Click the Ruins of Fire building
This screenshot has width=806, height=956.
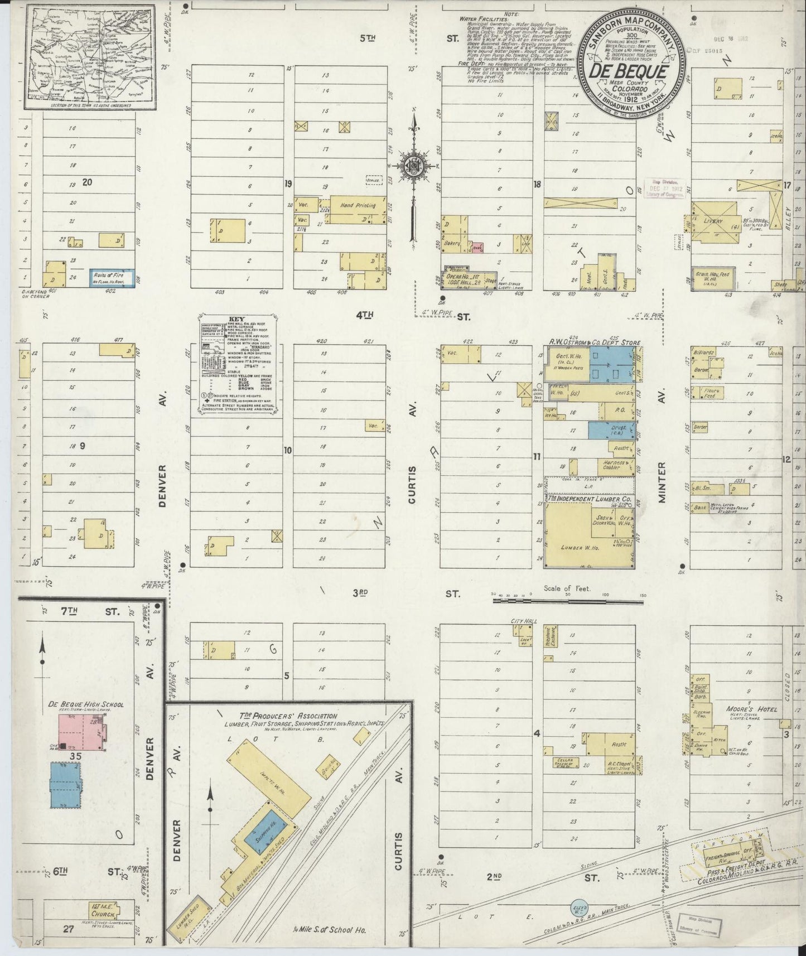(x=112, y=278)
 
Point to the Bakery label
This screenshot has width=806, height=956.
(x=452, y=244)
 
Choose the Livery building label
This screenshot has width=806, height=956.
(x=713, y=221)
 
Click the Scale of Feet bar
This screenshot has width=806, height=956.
(x=568, y=601)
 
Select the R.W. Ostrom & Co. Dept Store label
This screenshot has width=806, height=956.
(x=594, y=343)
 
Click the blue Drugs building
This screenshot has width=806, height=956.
(x=610, y=430)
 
